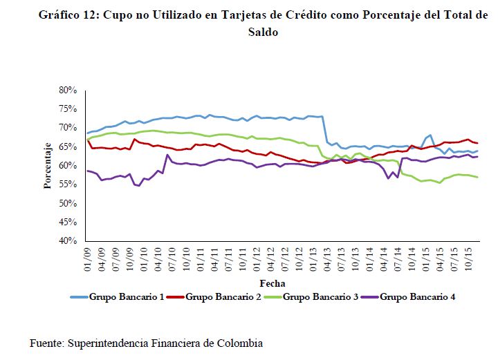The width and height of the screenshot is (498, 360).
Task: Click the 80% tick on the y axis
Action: coord(65,90)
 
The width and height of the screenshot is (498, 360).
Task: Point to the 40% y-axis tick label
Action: coord(65,241)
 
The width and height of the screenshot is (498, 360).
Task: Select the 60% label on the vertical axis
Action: coord(65,166)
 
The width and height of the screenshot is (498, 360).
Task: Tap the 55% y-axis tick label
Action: coord(65,184)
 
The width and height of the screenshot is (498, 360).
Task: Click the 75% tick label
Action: coord(65,109)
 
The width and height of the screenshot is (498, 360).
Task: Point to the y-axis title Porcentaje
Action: coord(48,166)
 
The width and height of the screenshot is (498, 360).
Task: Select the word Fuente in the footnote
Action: coord(47,343)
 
